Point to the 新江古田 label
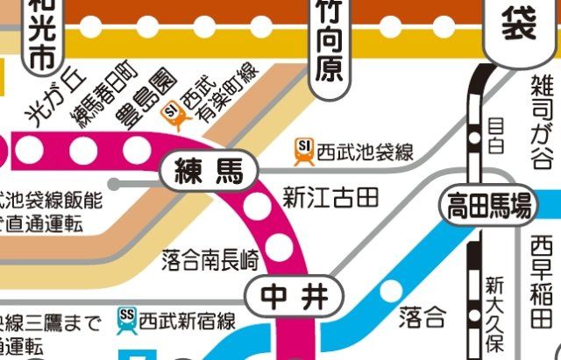click(330, 198)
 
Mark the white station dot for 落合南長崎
click(280, 247)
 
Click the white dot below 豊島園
click(136, 150)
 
